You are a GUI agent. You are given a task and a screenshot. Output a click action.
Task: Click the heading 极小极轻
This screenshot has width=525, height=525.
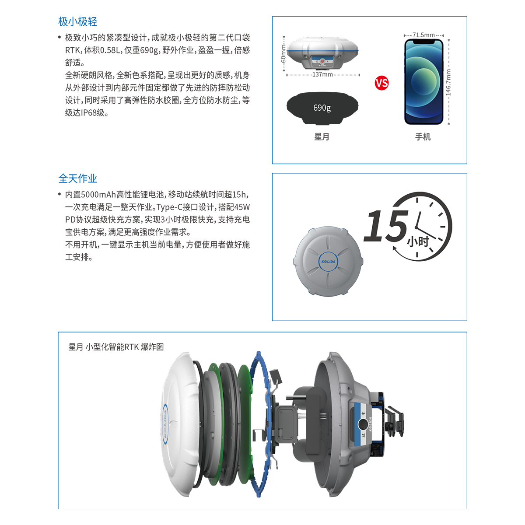pos(77,21)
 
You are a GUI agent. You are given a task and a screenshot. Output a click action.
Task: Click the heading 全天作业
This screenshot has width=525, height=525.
pos(77,178)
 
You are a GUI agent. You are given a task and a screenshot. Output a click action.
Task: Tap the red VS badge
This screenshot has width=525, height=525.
pos(381,83)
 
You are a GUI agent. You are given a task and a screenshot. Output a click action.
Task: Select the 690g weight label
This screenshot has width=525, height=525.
pos(322,108)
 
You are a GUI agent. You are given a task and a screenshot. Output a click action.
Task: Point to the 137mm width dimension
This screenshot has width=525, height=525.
pos(322,74)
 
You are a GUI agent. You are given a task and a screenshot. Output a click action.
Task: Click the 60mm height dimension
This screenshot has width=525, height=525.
pos(283,54)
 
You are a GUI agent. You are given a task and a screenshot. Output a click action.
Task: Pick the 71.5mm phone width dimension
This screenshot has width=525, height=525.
pos(423,35)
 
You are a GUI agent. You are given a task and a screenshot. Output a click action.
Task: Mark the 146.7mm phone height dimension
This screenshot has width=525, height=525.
pos(448,83)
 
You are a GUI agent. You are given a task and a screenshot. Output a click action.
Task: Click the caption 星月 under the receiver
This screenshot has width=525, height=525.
pos(322,137)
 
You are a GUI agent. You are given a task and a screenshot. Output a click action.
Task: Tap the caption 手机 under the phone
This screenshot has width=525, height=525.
pos(423,137)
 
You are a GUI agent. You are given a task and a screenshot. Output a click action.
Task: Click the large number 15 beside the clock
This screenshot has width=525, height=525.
pos(386,226)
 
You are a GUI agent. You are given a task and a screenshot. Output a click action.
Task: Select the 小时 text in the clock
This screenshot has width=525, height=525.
pos(418,241)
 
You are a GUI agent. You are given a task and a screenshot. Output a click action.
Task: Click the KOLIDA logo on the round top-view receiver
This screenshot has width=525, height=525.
pos(328,262)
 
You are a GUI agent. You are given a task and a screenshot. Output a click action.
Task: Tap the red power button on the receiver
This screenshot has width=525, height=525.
pos(322,61)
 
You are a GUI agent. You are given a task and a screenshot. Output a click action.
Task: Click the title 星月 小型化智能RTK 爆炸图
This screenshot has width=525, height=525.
pos(116,347)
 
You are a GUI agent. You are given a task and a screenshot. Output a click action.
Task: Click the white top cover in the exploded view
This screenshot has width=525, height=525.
pos(180,424)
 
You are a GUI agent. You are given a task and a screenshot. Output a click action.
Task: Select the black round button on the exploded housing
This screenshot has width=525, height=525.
pos(363,424)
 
